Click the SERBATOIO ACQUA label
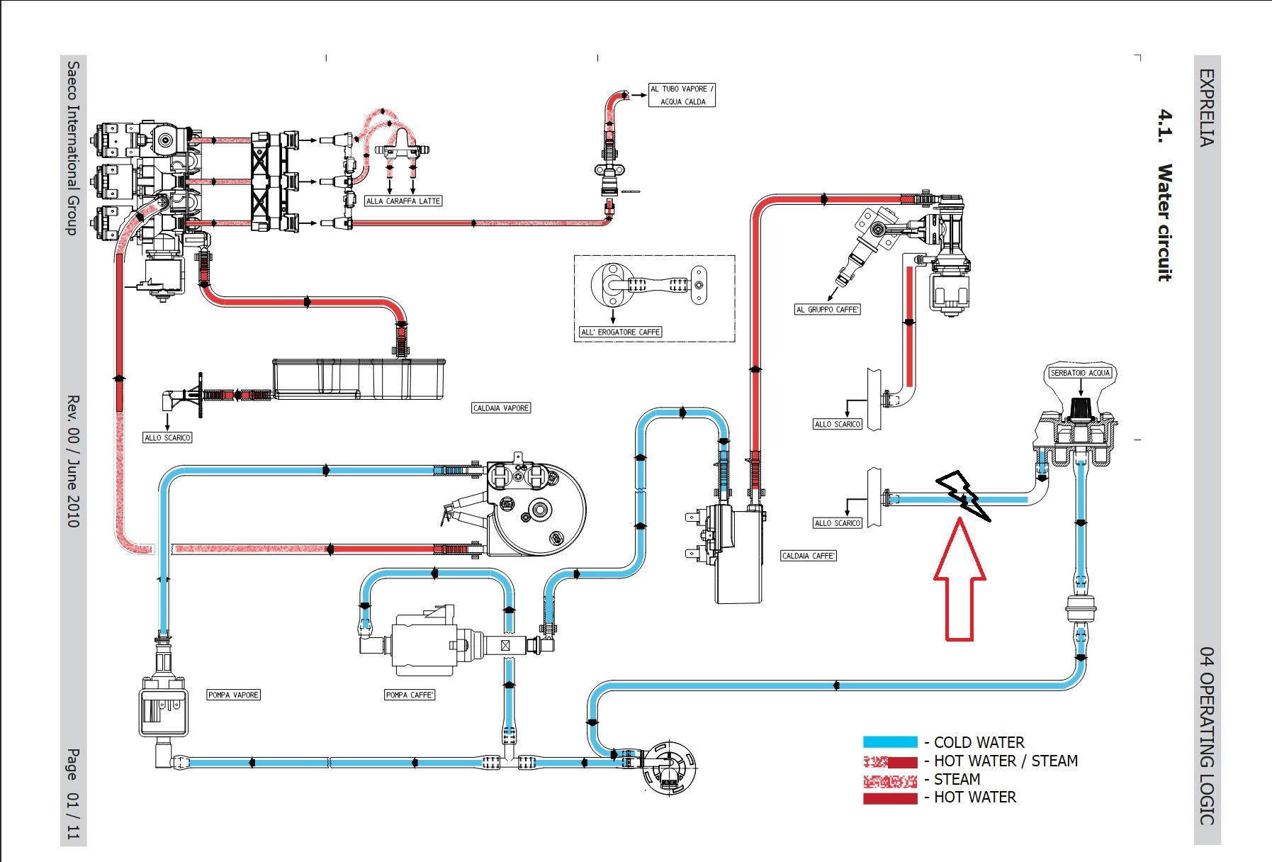(1080, 373)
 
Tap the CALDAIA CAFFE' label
(809, 556)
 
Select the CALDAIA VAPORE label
(501, 408)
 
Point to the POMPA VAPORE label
(233, 695)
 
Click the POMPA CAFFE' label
(410, 695)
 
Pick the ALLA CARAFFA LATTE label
(403, 201)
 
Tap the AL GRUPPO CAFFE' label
(827, 309)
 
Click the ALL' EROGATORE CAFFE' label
(620, 332)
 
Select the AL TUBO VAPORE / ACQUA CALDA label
(682, 95)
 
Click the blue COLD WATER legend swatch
(890, 742)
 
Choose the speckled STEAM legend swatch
(890, 781)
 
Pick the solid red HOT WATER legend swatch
(890, 799)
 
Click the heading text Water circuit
(1164, 223)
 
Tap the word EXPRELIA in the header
(1207, 107)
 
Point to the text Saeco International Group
(73, 148)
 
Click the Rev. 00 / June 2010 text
(73, 461)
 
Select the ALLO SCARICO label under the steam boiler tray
(167, 437)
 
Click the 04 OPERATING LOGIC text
(1207, 736)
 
